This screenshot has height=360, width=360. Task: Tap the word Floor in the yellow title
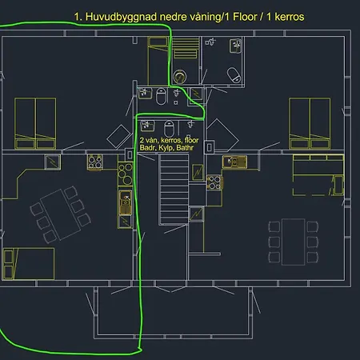click(x=245, y=17)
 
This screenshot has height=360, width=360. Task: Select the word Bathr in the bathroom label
click(x=185, y=148)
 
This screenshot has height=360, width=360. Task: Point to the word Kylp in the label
click(x=166, y=148)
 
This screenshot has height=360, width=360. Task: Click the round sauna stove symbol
click(x=180, y=77)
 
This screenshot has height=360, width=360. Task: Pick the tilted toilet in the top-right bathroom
click(x=234, y=74)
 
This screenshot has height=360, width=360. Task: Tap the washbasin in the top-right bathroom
click(x=235, y=46)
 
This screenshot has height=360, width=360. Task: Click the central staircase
click(x=174, y=190)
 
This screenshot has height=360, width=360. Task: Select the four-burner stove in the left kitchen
click(x=95, y=162)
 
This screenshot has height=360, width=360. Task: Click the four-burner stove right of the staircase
click(x=214, y=182)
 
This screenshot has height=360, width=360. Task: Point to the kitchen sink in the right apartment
click(x=234, y=162)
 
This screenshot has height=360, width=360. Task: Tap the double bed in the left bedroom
click(x=35, y=123)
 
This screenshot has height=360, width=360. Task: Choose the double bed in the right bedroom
click(x=310, y=123)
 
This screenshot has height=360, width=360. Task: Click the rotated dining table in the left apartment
click(x=60, y=214)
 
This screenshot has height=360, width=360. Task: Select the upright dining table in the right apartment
click(x=294, y=242)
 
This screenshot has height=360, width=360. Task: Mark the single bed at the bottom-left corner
click(x=29, y=264)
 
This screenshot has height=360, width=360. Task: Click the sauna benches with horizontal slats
click(x=186, y=48)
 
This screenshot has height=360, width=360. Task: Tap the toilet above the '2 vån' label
click(x=169, y=128)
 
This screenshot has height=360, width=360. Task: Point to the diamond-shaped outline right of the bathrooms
click(x=222, y=135)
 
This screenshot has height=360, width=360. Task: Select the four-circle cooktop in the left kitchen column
click(x=126, y=174)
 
